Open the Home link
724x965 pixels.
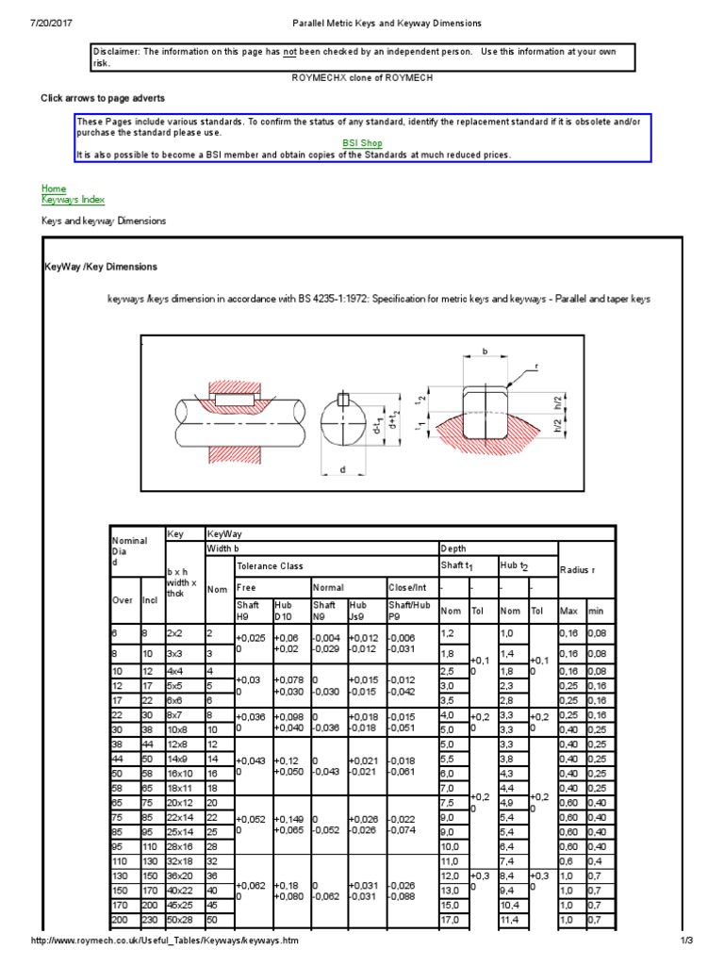(54, 188)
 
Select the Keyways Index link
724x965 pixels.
(73, 200)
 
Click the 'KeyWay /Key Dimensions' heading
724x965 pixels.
(101, 268)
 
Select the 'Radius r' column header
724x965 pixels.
(577, 570)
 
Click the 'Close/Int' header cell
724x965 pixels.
(406, 586)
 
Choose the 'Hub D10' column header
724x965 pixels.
(285, 611)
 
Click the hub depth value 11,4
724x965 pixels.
(509, 919)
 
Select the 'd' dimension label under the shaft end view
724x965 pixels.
(343, 467)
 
